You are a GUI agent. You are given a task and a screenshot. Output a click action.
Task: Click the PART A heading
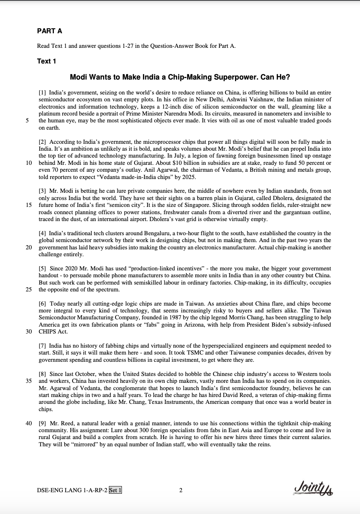coord(49,31)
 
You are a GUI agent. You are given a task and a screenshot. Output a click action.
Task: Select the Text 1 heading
coord(47,61)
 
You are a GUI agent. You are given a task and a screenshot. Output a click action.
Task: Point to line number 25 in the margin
coord(29,290)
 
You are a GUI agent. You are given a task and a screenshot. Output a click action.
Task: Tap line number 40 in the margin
coord(29,423)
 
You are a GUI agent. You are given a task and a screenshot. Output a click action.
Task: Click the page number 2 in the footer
coord(180,490)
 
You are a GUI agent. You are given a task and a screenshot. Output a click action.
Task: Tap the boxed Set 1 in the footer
coord(115,490)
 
